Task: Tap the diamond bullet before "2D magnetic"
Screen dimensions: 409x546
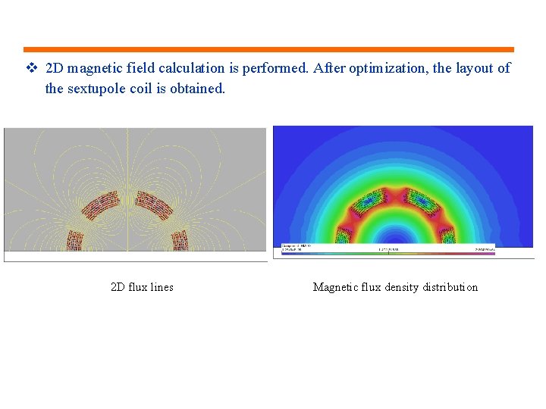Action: (x=31, y=68)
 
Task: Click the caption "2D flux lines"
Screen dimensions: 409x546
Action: (x=142, y=287)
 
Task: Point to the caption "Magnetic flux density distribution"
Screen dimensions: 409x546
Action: (x=395, y=287)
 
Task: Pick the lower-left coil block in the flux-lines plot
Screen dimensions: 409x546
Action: (x=74, y=239)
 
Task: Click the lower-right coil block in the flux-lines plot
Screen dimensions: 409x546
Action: (x=181, y=239)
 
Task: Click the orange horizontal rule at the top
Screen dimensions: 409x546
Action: (x=268, y=50)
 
